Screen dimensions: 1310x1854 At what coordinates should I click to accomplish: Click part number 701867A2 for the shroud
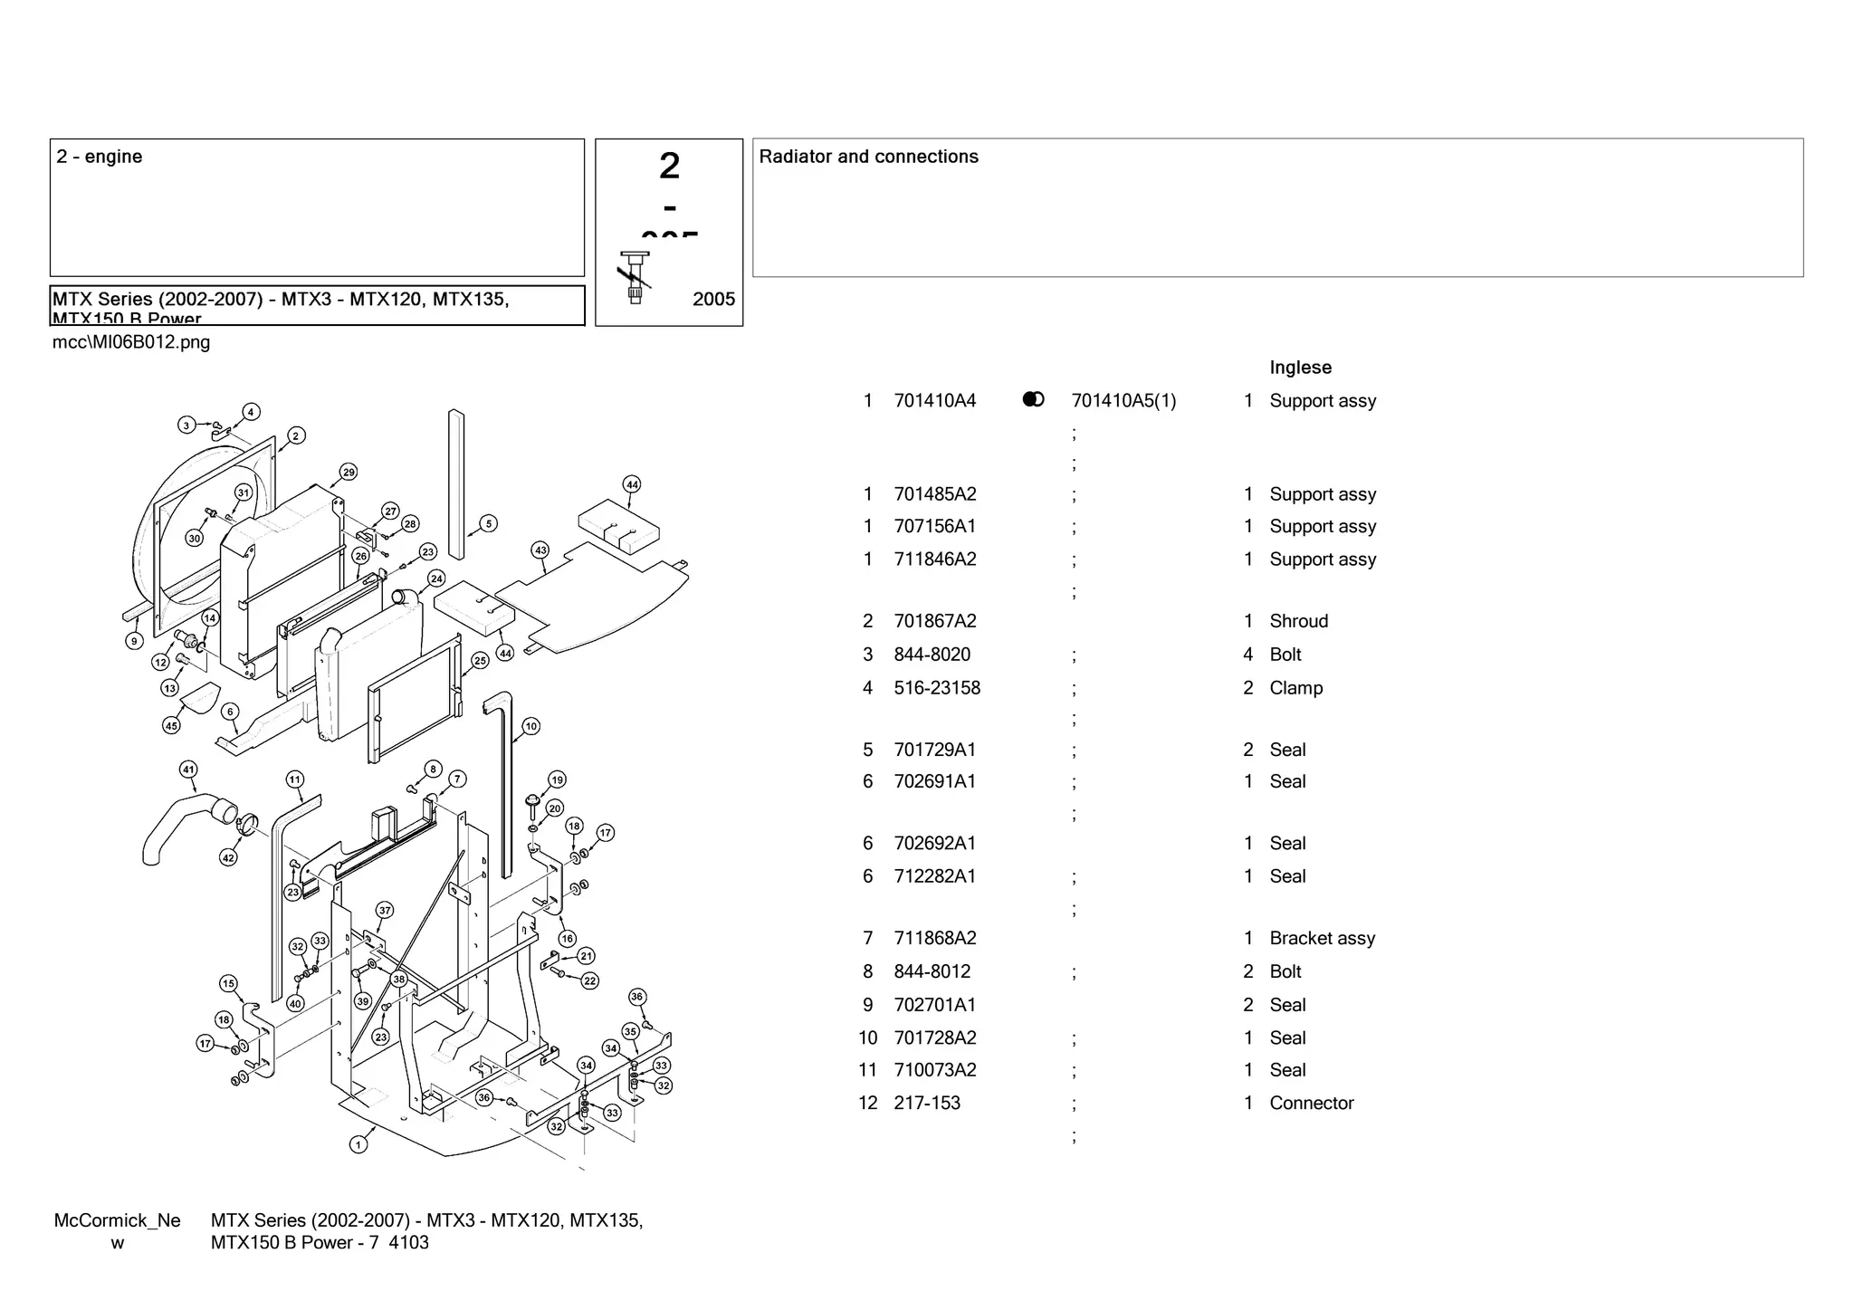click(x=934, y=621)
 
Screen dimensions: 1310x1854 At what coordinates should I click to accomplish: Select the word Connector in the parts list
click(x=1311, y=1103)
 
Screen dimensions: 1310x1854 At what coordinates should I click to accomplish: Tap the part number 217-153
click(x=926, y=1103)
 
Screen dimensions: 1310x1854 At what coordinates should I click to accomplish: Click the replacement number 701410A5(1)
click(x=1123, y=401)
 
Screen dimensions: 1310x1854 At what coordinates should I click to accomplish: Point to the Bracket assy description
click(x=1322, y=938)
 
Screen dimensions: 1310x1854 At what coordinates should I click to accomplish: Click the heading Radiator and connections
click(x=868, y=157)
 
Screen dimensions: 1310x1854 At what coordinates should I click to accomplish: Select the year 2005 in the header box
click(x=713, y=300)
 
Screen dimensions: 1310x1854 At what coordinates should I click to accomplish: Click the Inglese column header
click(x=1300, y=368)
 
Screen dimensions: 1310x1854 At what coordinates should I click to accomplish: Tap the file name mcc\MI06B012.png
click(x=131, y=342)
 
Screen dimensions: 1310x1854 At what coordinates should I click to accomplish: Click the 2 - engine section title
click(x=100, y=157)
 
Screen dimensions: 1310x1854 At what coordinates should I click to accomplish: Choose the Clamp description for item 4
click(x=1295, y=688)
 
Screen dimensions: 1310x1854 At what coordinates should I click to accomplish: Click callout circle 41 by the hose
click(x=188, y=770)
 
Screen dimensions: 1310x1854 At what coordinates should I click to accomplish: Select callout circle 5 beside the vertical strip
click(x=488, y=523)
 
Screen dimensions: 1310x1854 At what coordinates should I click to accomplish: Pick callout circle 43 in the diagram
click(x=540, y=550)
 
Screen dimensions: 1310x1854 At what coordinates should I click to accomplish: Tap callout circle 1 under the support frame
click(x=358, y=1144)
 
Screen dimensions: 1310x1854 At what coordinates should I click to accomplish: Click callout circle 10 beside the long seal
click(x=530, y=726)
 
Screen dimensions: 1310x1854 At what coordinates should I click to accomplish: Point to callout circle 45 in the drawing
click(x=171, y=725)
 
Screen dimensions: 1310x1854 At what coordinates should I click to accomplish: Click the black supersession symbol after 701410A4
click(x=1033, y=399)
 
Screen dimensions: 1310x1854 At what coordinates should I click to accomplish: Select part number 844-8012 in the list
click(x=932, y=971)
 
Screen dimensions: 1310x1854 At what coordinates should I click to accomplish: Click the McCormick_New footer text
click(x=117, y=1230)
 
